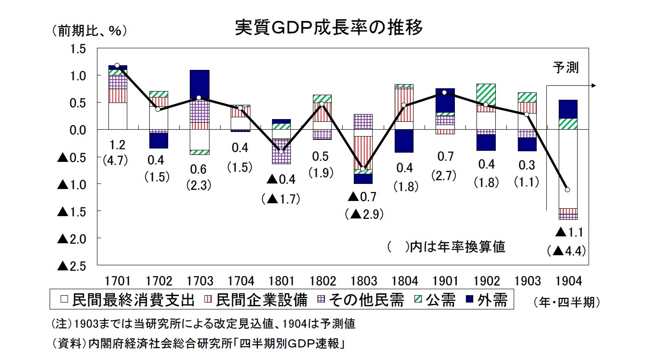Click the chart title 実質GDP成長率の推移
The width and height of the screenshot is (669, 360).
click(x=328, y=28)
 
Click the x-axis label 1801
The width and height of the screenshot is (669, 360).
click(x=281, y=280)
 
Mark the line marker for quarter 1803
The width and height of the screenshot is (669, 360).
click(x=363, y=169)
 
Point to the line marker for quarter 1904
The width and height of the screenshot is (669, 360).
click(x=568, y=189)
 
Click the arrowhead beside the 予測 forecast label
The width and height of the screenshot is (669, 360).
click(x=594, y=86)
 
